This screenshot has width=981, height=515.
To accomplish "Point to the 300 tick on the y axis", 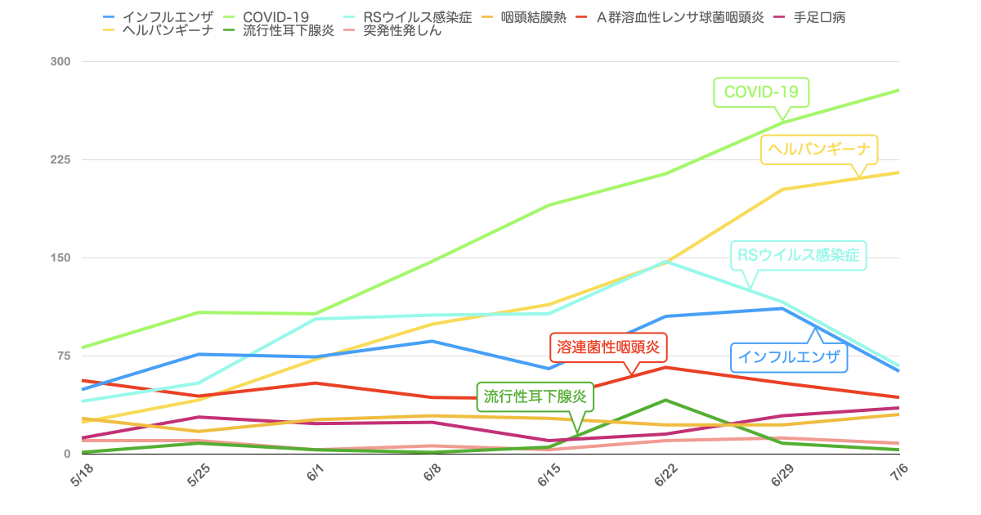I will [61, 61].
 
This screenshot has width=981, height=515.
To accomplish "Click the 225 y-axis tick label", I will [61, 159].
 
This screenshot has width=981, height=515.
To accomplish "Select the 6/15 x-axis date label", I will [549, 476].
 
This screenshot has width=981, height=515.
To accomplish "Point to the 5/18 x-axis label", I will [82, 476].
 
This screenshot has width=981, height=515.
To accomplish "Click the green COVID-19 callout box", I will [761, 92].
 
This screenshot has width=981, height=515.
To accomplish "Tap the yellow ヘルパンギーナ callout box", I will [819, 150].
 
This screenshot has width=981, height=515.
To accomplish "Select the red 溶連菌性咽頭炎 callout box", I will [607, 347].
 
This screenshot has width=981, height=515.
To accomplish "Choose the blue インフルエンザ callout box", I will [789, 356].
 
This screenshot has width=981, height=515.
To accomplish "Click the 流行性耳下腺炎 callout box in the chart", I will [535, 396].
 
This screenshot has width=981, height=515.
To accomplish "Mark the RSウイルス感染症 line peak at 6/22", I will [665, 262].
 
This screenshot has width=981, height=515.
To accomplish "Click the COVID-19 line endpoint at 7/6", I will [898, 90].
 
